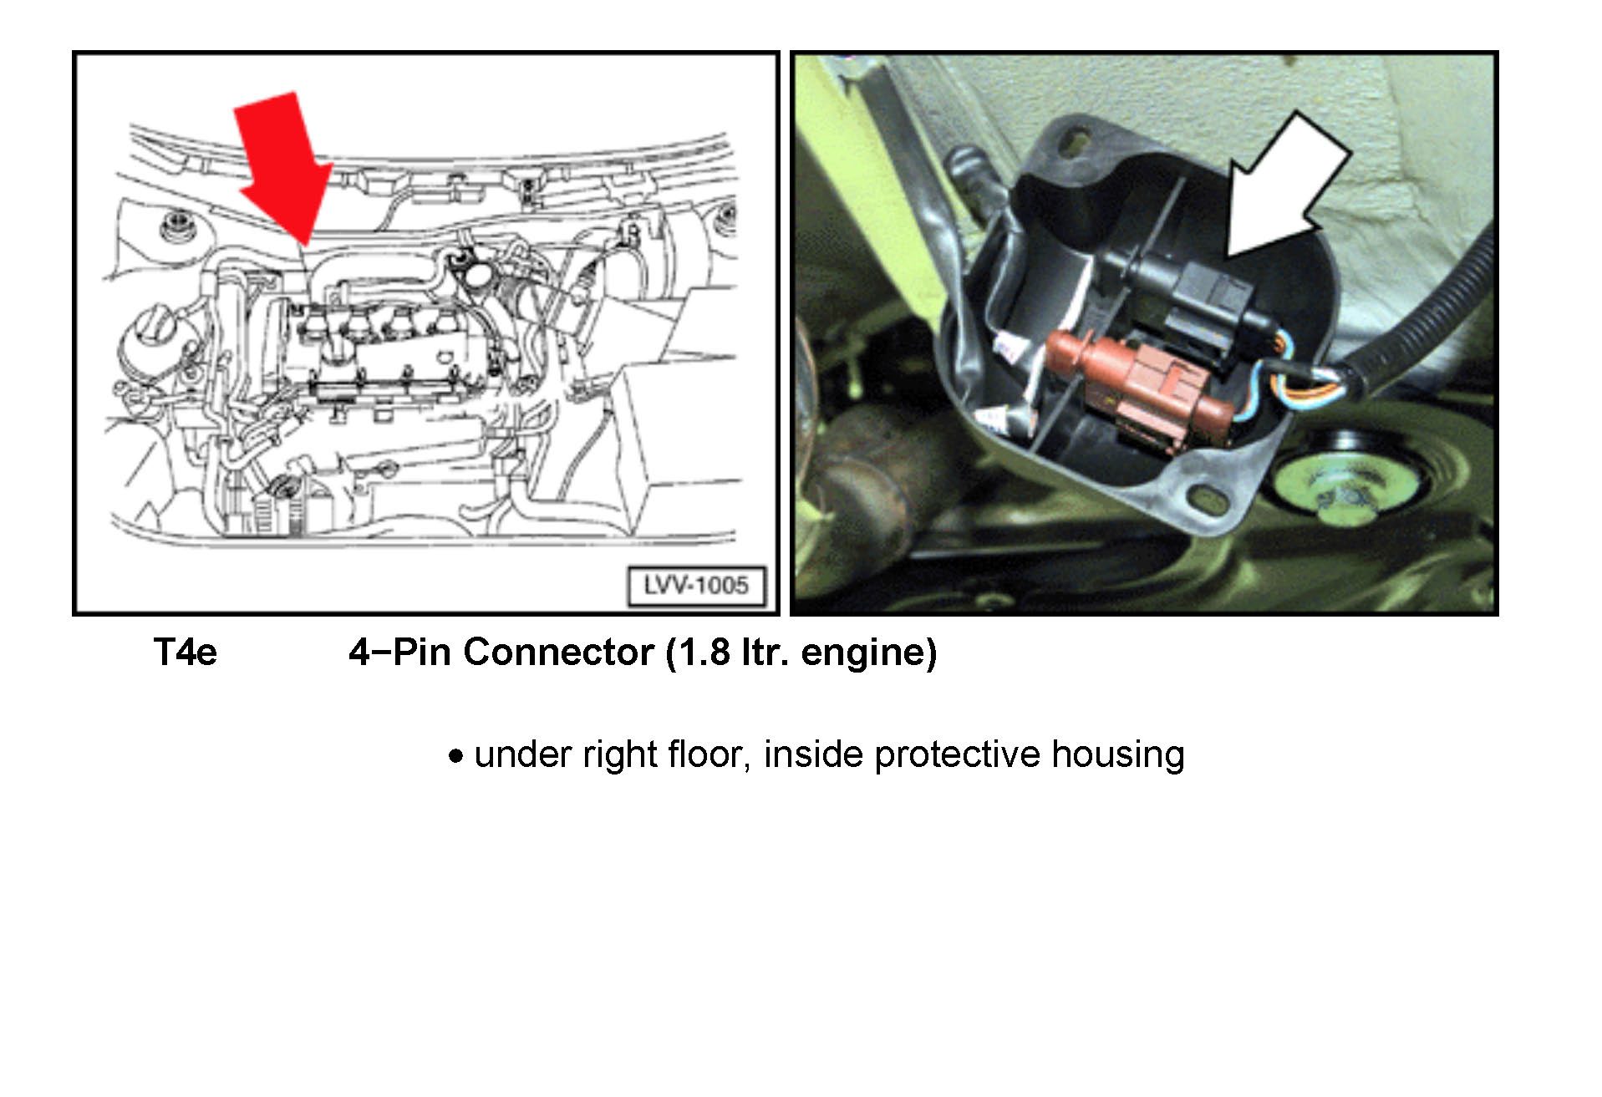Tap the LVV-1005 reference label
696,585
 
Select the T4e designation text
186,653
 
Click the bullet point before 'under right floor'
455,757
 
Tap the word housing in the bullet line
1117,755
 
